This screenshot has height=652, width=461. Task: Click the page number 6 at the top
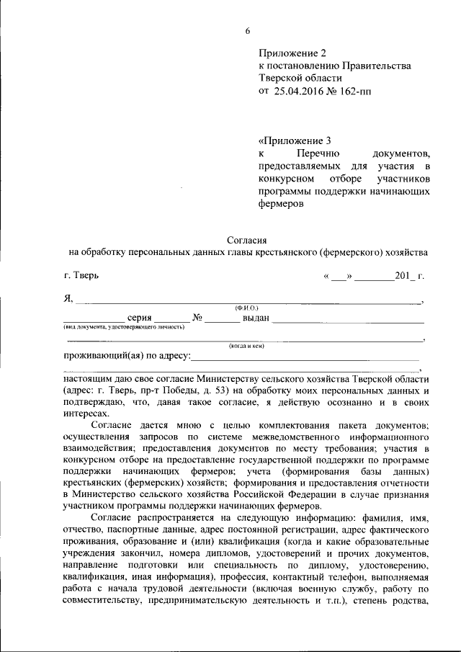click(248, 30)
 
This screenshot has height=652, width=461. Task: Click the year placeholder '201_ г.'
click(409, 275)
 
